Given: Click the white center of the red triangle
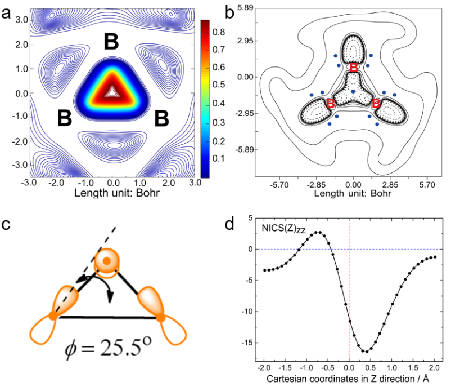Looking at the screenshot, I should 113,90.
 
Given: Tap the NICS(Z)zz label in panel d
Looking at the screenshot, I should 283,229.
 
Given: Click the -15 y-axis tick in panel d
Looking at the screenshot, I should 251,342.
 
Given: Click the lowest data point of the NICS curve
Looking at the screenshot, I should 367,352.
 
